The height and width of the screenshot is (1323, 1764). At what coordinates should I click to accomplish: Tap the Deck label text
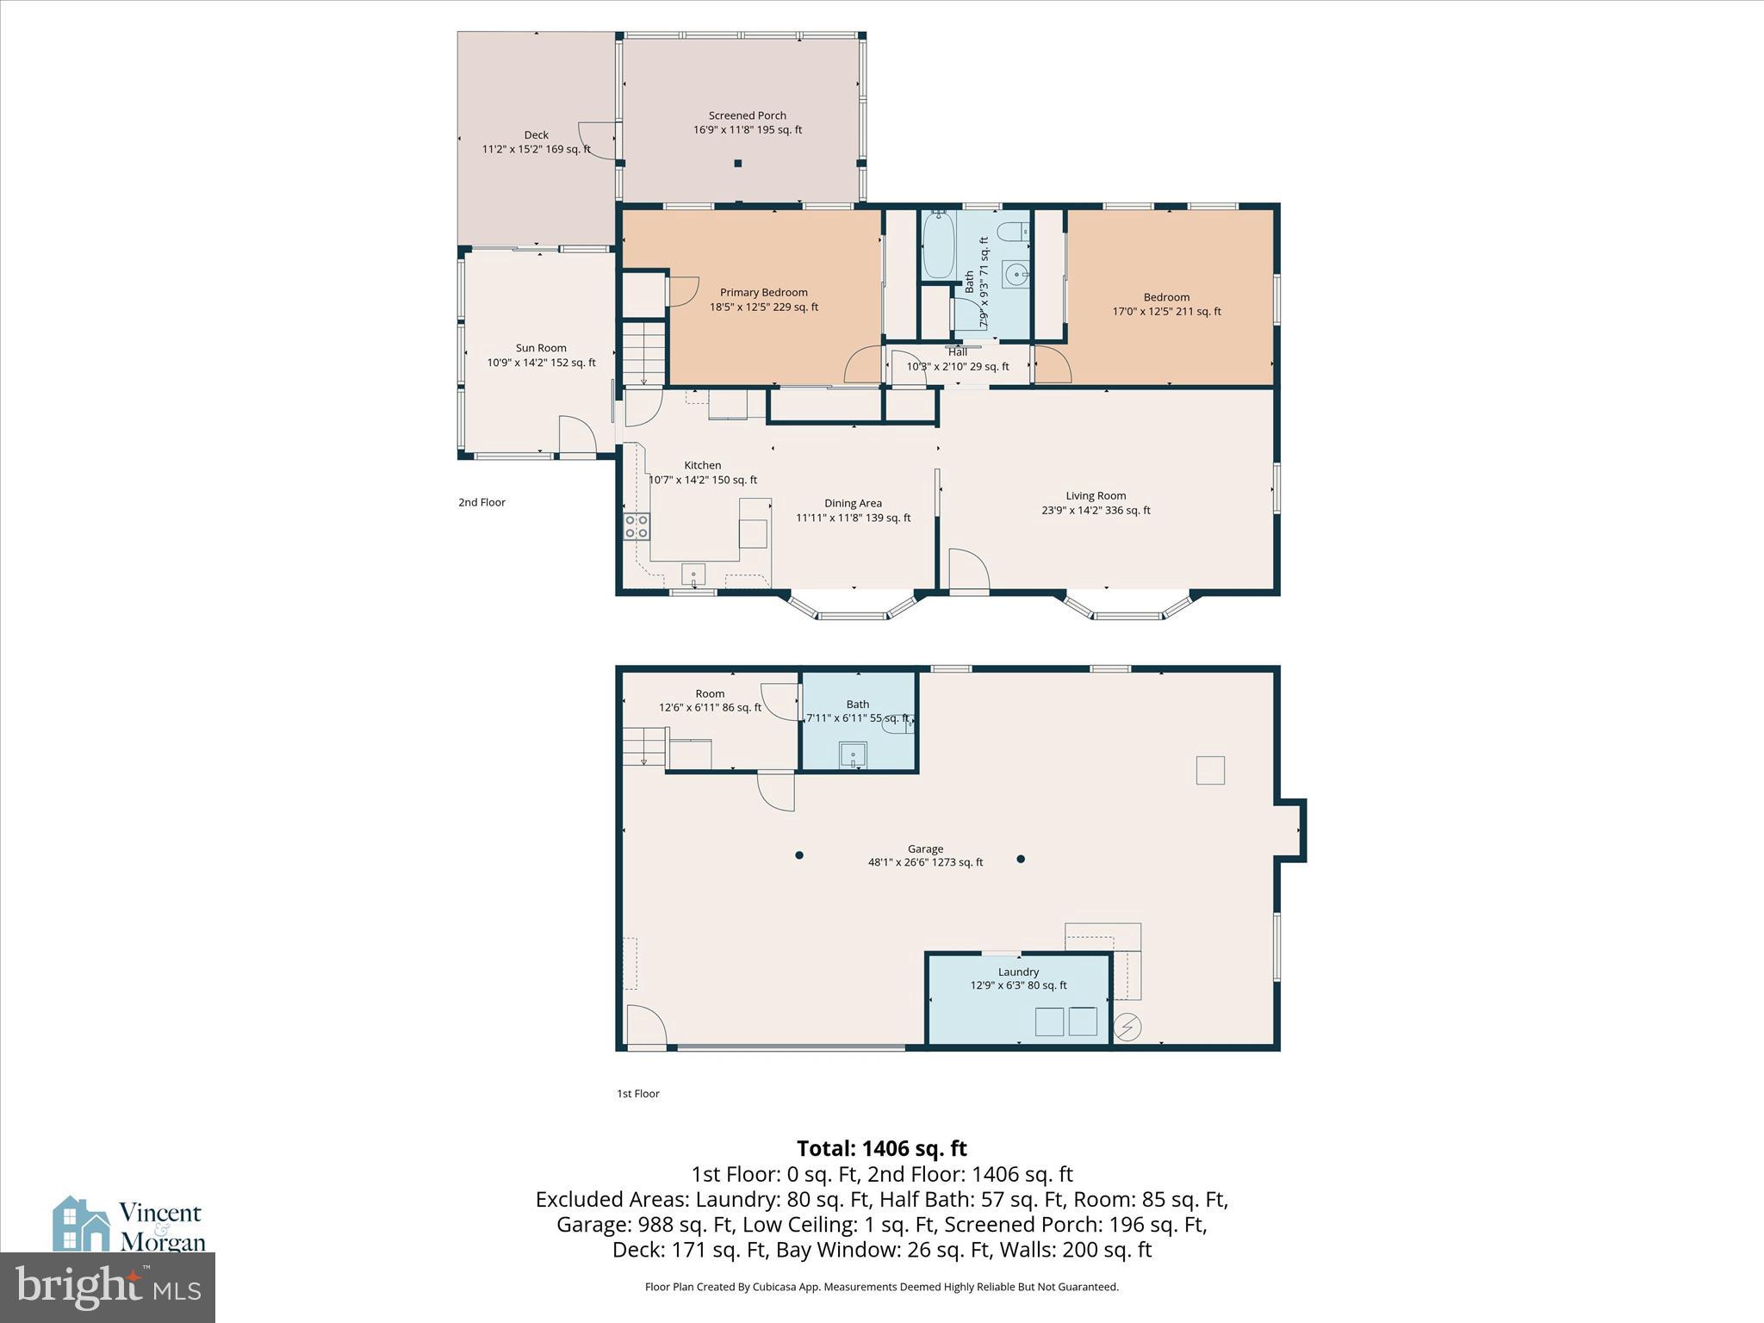click(536, 135)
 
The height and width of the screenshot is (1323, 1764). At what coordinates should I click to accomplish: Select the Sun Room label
click(541, 349)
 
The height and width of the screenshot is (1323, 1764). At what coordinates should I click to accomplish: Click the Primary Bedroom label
click(763, 293)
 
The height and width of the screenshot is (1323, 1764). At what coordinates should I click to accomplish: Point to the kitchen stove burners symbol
click(637, 526)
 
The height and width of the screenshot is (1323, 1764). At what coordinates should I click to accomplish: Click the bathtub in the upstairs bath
click(938, 245)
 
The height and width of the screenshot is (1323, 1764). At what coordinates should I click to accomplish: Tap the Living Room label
click(1096, 496)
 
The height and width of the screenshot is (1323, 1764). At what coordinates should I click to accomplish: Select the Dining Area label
click(853, 504)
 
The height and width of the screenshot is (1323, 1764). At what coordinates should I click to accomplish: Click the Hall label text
click(957, 352)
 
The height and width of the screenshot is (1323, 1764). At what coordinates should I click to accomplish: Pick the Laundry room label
click(1018, 972)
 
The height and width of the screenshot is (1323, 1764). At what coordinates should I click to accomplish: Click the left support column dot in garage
click(799, 855)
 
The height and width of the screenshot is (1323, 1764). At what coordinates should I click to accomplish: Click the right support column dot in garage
click(1021, 859)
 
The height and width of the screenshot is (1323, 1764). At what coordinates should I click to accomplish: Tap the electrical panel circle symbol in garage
click(1127, 1027)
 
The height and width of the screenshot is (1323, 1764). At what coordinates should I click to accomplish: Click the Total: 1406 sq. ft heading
click(881, 1149)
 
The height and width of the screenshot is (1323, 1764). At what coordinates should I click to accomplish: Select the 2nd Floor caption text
click(481, 502)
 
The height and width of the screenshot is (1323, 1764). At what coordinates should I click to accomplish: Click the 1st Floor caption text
click(637, 1094)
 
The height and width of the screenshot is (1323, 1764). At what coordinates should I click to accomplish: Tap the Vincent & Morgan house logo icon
click(81, 1224)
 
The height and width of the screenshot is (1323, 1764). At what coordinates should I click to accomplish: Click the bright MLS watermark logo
click(108, 1287)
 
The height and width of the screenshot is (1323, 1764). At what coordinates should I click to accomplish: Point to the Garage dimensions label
click(925, 862)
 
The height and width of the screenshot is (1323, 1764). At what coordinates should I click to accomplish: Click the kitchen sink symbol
click(693, 574)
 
